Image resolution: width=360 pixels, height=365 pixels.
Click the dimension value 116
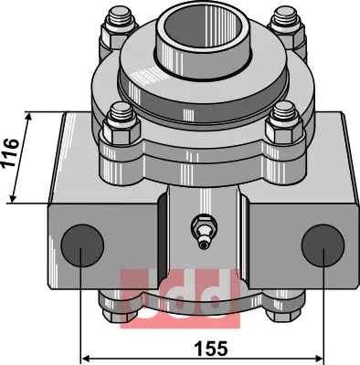11,152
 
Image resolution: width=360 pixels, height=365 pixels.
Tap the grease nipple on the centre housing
204,231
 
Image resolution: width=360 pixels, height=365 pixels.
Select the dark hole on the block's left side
82,245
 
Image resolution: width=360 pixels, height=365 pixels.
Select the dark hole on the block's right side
323,245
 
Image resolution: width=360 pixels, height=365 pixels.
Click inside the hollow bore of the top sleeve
203,26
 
